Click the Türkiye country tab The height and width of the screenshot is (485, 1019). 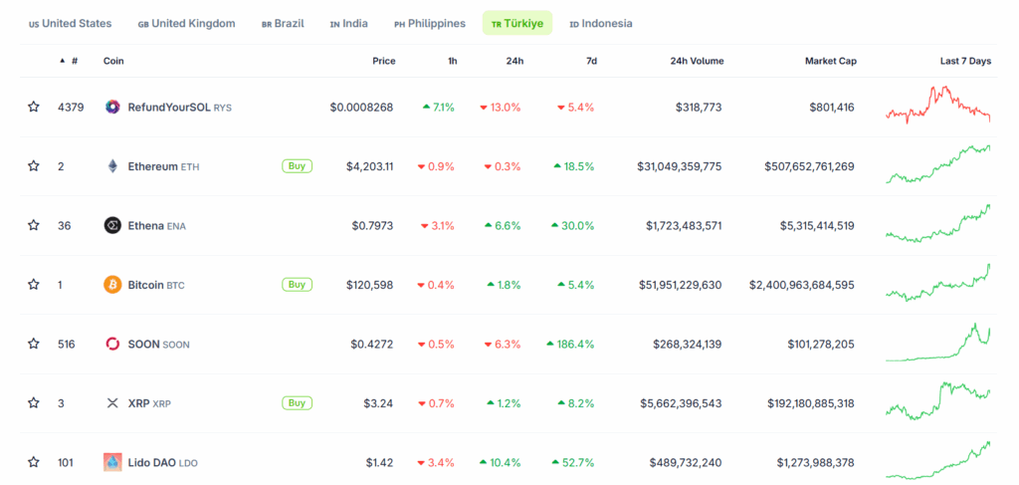tap(517, 23)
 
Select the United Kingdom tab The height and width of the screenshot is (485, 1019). tap(187, 23)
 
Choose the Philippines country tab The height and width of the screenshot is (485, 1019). tap(430, 23)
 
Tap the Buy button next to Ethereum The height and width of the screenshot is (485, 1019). tap(297, 166)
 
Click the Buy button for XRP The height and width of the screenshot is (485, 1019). tap(297, 403)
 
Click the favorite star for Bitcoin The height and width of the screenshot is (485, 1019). tap(34, 285)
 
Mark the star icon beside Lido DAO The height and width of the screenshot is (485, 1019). tap(34, 462)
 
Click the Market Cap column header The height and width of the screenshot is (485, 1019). tap(830, 61)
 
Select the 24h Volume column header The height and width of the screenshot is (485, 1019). tap(697, 61)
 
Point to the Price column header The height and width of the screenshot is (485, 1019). tap(383, 61)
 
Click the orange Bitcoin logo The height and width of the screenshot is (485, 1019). tap(112, 285)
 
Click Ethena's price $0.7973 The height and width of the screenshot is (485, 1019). tap(373, 226)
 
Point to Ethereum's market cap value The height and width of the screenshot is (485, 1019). tap(809, 166)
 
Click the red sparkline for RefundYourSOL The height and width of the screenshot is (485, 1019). tap(937, 105)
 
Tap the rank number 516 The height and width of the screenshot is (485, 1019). tap(67, 345)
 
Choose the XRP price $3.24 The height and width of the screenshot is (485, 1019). tap(379, 403)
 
